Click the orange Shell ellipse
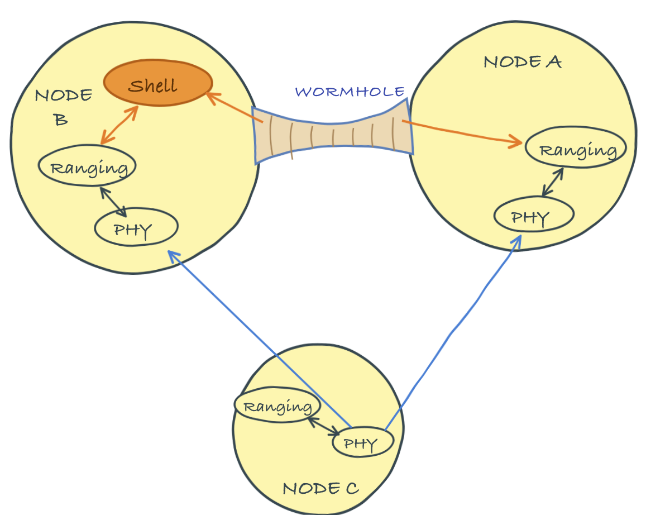[x=158, y=83]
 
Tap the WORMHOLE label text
[x=350, y=92]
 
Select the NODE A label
[x=522, y=62]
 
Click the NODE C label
[x=320, y=489]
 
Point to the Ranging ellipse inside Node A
[x=576, y=147]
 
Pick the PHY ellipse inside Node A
[x=534, y=214]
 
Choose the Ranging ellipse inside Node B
[x=87, y=165]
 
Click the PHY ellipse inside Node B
[x=136, y=227]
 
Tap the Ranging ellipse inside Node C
[x=277, y=404]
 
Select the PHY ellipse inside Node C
[x=363, y=442]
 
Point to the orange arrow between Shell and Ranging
[x=119, y=125]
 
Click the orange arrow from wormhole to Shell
[x=234, y=108]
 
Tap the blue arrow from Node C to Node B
[x=260, y=339]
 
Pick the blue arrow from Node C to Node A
[x=453, y=332]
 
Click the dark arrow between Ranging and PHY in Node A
[x=553, y=182]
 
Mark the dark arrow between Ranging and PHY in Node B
[x=113, y=202]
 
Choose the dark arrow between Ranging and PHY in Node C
[x=323, y=427]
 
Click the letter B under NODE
[x=61, y=120]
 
